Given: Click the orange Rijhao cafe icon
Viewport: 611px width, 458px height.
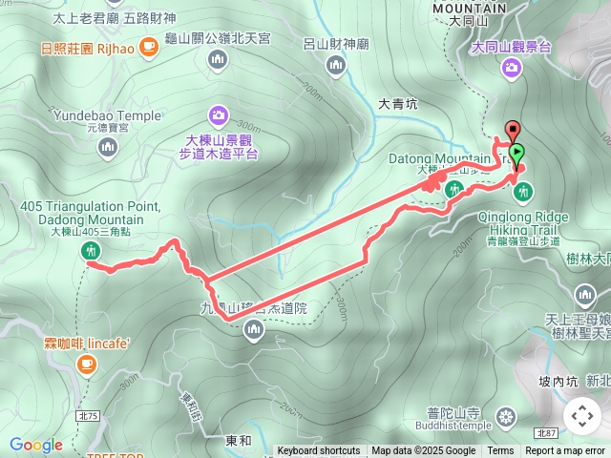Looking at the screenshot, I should [148, 45].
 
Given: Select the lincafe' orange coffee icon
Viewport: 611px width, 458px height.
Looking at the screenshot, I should [87, 362].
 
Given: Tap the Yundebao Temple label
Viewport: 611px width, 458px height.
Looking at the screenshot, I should [107, 115].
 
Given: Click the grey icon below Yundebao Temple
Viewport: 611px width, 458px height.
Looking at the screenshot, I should [107, 146].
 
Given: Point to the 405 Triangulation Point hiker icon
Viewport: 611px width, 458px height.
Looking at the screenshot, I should [92, 251].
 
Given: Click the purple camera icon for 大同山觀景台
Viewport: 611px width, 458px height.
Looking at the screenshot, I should [512, 67].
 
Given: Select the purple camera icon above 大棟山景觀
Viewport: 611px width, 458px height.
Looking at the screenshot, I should [220, 115].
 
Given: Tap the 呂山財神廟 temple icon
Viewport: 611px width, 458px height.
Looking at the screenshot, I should [335, 65].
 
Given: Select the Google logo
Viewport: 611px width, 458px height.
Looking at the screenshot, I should [35, 445].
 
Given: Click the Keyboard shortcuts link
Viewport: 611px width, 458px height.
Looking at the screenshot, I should [319, 451].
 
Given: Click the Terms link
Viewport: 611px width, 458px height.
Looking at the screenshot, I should [500, 451].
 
